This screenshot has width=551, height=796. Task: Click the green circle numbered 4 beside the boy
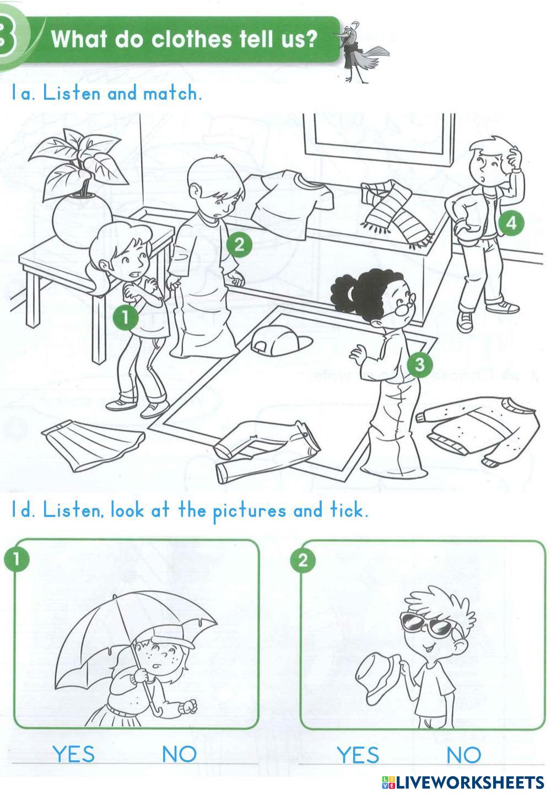point(511,223)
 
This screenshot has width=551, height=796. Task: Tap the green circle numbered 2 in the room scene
point(240,244)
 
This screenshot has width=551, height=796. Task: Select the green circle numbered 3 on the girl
point(419,364)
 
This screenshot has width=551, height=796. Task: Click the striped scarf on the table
point(396,212)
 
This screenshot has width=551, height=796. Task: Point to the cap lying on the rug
point(280,341)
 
